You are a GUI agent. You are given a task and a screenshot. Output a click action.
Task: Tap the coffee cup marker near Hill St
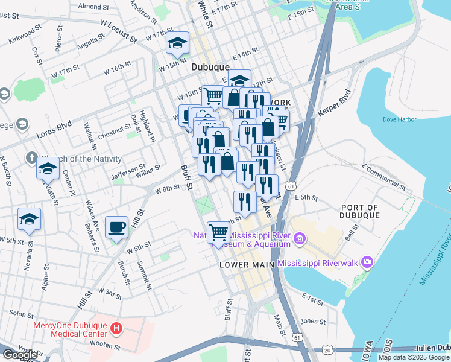click(117, 228)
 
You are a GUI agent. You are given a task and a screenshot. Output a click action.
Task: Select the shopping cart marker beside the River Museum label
click(218, 232)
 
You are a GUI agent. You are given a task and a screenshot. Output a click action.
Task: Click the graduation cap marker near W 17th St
click(178, 43)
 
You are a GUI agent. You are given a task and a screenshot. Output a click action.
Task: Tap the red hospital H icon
click(117, 329)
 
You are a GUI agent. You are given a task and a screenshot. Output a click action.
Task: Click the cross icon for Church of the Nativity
click(31, 159)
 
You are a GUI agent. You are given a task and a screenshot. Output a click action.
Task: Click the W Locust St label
click(117, 31)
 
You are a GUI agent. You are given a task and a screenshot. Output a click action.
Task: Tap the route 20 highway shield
click(327, 350)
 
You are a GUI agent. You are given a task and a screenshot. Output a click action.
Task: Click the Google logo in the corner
click(20, 355)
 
